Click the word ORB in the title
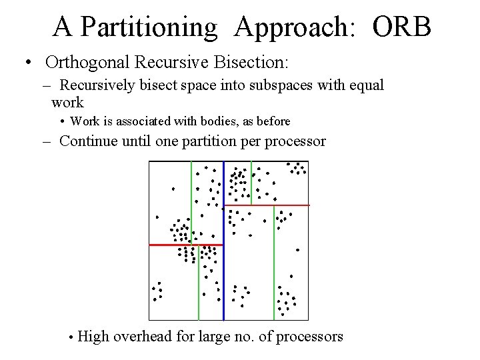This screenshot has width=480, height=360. [x=402, y=27]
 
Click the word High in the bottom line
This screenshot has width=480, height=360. [x=93, y=336]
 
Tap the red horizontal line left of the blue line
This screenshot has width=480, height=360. [x=185, y=245]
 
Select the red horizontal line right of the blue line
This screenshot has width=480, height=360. [x=267, y=205]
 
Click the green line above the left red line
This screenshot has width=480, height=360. [x=191, y=200]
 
